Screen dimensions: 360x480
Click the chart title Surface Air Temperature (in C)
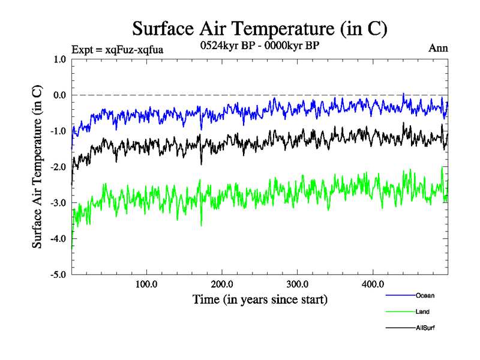[260, 28]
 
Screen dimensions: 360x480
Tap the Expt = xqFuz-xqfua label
[117, 49]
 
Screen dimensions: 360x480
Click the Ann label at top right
[438, 48]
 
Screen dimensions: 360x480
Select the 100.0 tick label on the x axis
[146, 284]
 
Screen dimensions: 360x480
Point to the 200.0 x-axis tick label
[222, 284]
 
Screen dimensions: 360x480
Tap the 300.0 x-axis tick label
[298, 284]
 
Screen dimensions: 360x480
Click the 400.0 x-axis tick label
[373, 284]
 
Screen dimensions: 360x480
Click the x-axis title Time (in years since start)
[260, 299]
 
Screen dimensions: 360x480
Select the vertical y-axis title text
[37, 167]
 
